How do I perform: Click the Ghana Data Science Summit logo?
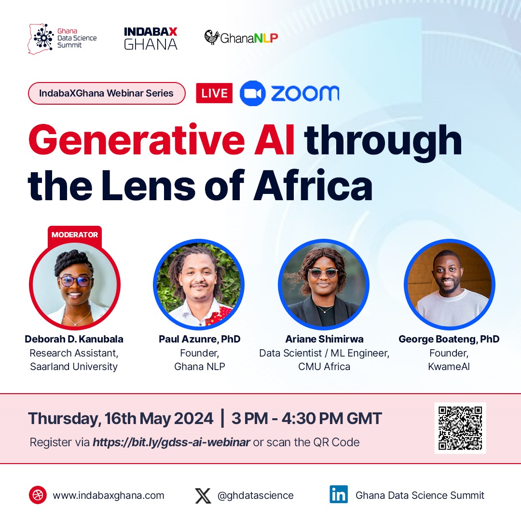pos(62,38)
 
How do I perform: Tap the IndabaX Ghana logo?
pos(151,38)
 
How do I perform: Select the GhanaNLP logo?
pos(241,38)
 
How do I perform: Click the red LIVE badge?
pos(214,93)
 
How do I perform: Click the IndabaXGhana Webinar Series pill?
pos(107,93)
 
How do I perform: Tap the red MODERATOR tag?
pos(75,235)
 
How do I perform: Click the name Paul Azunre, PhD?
pos(199,339)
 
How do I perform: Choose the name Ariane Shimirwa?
pos(324,339)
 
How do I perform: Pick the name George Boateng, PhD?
pos(449,339)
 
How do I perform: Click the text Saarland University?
pos(74,367)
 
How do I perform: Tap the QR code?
pos(460,428)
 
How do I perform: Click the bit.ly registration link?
pos(171,442)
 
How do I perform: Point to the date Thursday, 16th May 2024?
pos(121,418)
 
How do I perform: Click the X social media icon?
pos(203,495)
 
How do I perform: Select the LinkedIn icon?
pos(339,495)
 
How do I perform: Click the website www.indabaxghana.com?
pos(109,495)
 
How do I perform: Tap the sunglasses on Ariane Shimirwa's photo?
pos(324,273)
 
